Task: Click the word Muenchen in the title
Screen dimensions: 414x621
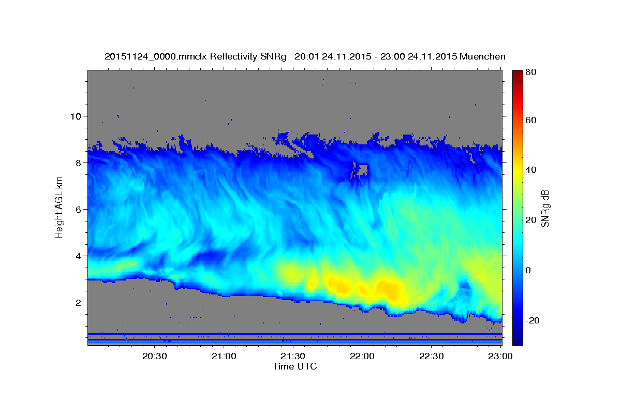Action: point(482,56)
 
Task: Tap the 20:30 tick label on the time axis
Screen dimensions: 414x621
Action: point(155,356)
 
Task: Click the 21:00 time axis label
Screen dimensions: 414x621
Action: point(224,356)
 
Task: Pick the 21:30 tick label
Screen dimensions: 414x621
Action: point(293,356)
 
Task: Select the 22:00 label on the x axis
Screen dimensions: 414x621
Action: point(362,356)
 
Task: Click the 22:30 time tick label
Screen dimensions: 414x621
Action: point(431,356)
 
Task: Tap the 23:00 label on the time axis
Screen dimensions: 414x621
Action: point(500,356)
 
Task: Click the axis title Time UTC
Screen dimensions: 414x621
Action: point(294,366)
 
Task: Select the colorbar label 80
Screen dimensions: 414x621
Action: point(530,72)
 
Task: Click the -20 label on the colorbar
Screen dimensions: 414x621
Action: point(533,320)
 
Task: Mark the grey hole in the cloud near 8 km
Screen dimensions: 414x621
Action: point(361,169)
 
